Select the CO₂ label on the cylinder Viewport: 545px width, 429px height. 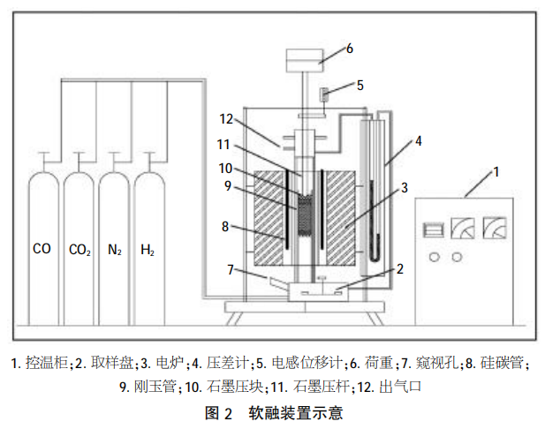(79, 251)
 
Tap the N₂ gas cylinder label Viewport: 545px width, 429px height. (114, 251)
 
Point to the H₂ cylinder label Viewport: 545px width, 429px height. (148, 251)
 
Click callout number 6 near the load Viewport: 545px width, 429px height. (350, 49)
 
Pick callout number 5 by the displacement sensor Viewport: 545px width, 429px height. (360, 86)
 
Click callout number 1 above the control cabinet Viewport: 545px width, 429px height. (496, 170)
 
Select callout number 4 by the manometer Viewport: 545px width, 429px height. (419, 140)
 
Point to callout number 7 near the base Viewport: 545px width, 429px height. (231, 267)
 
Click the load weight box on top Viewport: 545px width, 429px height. (305, 61)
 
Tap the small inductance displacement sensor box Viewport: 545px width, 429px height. (325, 93)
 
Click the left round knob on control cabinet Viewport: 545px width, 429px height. (434, 257)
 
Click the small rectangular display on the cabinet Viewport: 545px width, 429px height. (433, 230)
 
